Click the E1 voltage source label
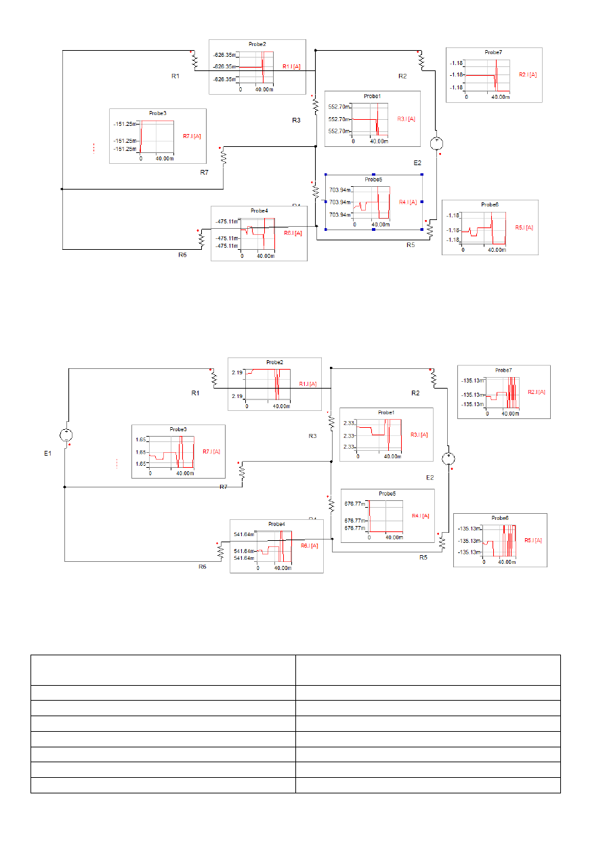(48, 453)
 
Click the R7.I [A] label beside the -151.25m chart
(192, 136)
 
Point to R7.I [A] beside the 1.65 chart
(211, 452)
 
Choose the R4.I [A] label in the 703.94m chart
(407, 202)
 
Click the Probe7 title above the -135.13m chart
(503, 370)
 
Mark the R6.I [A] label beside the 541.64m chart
(310, 545)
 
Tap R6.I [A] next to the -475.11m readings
(293, 233)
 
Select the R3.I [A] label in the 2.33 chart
(420, 435)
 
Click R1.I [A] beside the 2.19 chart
(308, 384)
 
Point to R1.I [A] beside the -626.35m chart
(292, 66)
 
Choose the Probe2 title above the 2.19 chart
(275, 362)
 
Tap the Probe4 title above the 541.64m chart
(276, 524)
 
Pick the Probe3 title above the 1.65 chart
(178, 429)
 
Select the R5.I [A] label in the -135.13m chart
(533, 540)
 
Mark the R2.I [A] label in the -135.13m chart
(537, 391)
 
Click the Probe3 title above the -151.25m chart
(158, 113)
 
